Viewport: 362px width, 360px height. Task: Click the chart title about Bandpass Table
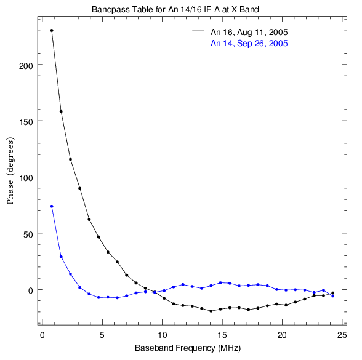point(175,10)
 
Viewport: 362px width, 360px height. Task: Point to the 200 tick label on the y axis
point(26,66)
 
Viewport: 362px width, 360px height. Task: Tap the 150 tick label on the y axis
point(26,122)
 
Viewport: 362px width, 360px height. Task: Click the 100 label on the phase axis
point(26,178)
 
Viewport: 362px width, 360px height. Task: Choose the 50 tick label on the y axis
point(28,234)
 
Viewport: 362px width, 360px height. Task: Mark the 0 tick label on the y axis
point(31,290)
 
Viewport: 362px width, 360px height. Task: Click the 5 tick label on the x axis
point(102,335)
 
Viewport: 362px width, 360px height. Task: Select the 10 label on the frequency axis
point(162,335)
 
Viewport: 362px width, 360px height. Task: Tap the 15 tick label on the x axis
point(222,335)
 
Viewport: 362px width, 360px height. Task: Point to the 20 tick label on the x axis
point(282,335)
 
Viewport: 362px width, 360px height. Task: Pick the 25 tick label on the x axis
point(342,335)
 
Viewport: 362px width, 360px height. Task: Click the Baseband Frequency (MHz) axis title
point(188,348)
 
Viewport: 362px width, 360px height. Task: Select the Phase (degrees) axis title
point(10,170)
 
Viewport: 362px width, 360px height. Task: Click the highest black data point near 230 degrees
point(52,31)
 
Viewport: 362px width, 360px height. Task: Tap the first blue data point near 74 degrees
point(52,206)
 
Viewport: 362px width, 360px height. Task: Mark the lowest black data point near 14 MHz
point(211,311)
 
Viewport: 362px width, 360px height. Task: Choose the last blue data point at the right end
point(332,296)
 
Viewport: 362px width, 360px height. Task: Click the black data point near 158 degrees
point(61,111)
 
